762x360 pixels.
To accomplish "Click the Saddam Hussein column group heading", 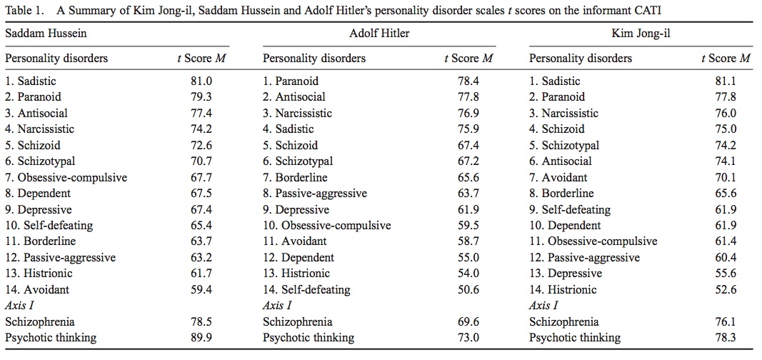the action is click(46, 34).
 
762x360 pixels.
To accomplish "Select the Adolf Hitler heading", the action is click(379, 34).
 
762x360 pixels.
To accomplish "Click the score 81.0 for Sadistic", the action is click(201, 81).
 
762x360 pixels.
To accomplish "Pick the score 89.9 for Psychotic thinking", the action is click(201, 337).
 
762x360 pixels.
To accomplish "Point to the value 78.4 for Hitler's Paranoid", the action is click(468, 81).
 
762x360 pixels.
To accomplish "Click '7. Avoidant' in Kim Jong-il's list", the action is click(558, 177).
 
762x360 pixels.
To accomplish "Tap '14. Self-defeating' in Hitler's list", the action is click(306, 289).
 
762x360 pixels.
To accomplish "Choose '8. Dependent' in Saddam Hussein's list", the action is click(38, 194).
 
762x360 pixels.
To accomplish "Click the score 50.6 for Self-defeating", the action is click(468, 289).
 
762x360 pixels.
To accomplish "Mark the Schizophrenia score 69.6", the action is click(468, 321).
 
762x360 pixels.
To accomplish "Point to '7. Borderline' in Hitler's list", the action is click(295, 177).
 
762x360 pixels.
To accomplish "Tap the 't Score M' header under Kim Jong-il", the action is click(726, 59).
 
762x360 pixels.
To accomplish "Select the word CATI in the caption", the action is click(648, 10).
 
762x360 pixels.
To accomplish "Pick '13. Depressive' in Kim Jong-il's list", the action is click(565, 274).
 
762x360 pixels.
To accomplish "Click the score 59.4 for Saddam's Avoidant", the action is click(201, 289).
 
